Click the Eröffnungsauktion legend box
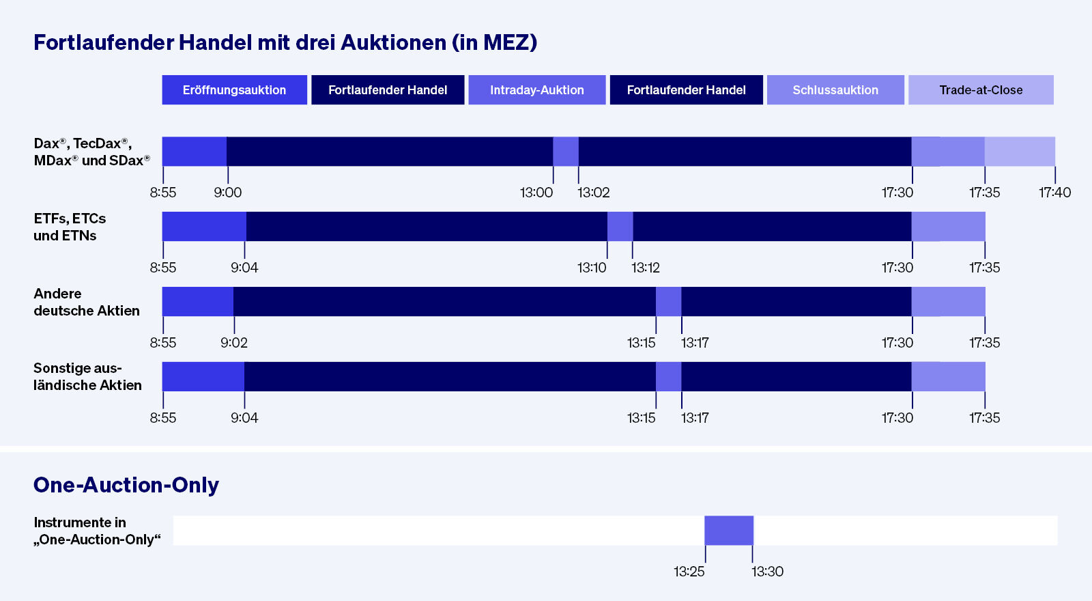click(x=234, y=90)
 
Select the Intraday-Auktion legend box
click(x=536, y=90)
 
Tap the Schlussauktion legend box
click(x=835, y=90)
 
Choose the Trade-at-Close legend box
click(x=981, y=90)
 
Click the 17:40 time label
click(x=1054, y=193)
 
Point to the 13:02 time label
click(x=593, y=193)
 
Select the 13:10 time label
click(x=591, y=268)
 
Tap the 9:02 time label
click(x=233, y=343)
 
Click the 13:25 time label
click(x=689, y=572)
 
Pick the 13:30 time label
click(x=767, y=572)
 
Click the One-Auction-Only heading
click(x=126, y=485)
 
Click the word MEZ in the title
click(x=506, y=42)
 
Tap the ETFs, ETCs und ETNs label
click(x=70, y=227)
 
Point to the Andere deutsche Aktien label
click(x=86, y=302)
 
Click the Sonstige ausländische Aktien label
click(x=87, y=376)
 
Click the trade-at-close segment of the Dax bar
click(x=1020, y=152)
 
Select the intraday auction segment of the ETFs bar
click(x=620, y=227)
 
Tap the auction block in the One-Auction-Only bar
click(x=729, y=531)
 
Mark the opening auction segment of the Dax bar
click(x=194, y=152)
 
